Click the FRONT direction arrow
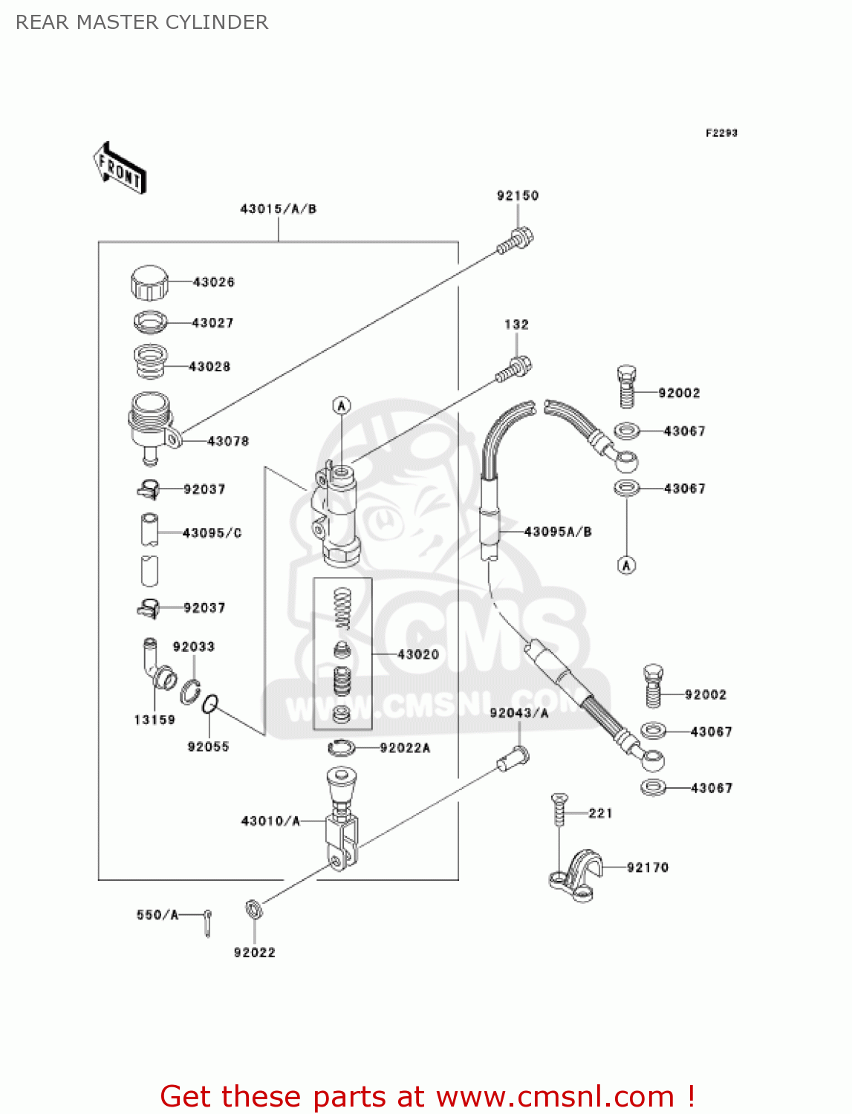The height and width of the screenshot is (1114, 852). point(120,169)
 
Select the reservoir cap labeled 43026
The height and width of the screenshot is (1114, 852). point(149,282)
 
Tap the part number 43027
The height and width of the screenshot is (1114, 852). point(212,323)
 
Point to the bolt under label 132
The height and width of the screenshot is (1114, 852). point(514,368)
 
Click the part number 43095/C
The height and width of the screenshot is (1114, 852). point(212,533)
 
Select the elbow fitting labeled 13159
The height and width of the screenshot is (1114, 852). point(157,665)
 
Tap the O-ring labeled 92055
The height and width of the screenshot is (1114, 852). point(211,703)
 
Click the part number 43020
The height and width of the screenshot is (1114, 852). point(418,654)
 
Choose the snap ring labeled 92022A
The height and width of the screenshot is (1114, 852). point(342,747)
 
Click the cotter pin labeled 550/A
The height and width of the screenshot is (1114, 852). point(209,923)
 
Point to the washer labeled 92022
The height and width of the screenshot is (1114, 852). point(253,908)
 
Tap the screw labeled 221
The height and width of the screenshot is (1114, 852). point(559,809)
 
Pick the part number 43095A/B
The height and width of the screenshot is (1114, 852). point(558,532)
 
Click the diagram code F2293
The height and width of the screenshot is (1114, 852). point(721,133)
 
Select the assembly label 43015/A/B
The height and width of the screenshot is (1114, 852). point(278,209)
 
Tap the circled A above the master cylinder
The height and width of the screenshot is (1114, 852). point(341,405)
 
